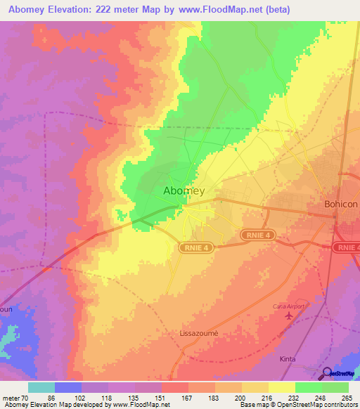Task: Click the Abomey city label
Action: point(184,190)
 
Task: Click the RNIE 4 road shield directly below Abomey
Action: point(195,247)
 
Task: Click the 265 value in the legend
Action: point(347,398)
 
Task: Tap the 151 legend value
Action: point(160,398)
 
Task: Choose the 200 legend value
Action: point(240,398)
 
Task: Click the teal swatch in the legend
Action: point(41,387)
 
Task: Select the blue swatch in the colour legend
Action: point(68,387)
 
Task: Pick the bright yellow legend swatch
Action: point(281,387)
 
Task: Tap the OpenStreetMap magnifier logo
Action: point(328,374)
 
